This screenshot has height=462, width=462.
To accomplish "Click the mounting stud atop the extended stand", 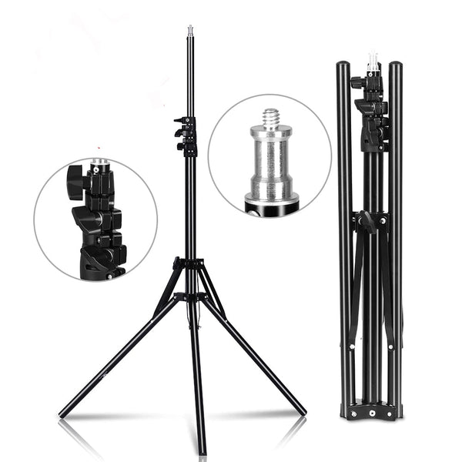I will coord(189,32).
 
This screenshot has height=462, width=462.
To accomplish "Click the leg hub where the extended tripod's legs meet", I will coord(189,266).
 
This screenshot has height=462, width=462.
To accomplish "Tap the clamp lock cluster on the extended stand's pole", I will coord(186,135).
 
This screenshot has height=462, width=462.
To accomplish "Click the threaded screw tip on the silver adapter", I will coord(271,119).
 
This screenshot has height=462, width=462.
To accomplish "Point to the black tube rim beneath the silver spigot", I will coord(272,204).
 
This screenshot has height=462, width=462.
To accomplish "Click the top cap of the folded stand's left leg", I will coord(343,66).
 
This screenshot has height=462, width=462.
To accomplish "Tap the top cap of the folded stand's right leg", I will coord(395,66).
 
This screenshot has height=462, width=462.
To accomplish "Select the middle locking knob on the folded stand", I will coord(367,223).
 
